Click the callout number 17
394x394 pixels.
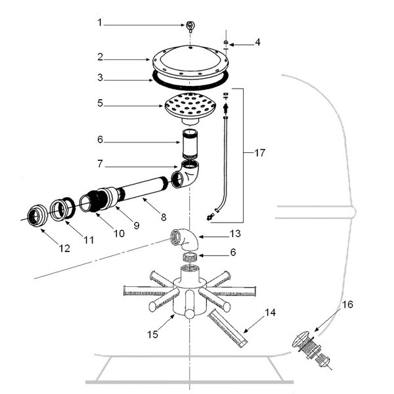259,152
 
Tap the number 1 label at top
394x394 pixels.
100,22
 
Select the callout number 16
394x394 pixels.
347,305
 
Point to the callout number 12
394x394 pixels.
64,248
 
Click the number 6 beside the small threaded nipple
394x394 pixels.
233,252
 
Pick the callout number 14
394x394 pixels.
270,313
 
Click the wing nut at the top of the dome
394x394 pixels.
190,26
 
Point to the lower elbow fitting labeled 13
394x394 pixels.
185,240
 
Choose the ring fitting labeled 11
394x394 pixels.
62,209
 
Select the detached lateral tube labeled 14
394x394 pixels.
227,328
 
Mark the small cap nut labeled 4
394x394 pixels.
226,42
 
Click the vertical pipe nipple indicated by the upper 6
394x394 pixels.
190,144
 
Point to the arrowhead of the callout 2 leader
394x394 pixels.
148,60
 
